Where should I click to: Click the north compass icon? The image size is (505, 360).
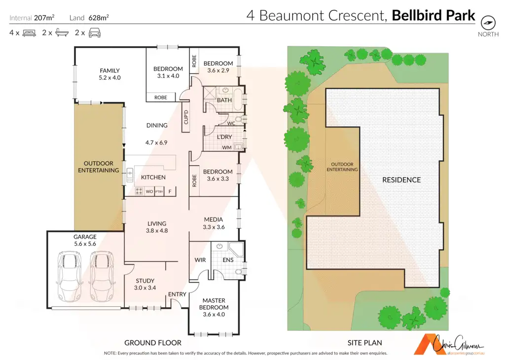(x=488, y=22)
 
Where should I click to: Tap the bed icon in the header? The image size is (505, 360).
(x=29, y=34)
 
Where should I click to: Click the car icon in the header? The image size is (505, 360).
(x=95, y=34)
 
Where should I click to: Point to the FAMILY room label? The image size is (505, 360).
(x=109, y=71)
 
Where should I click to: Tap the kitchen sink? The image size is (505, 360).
(x=130, y=174)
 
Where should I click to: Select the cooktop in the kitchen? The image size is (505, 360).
(x=139, y=191)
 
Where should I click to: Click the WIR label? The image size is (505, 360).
(x=200, y=259)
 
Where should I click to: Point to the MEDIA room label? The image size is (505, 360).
(x=214, y=219)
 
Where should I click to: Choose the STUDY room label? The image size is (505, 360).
(x=145, y=281)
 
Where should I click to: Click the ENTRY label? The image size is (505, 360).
(x=178, y=294)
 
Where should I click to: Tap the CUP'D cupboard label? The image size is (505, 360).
(x=186, y=117)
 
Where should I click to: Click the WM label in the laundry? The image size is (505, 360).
(x=226, y=147)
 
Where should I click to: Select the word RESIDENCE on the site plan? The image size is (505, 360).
(x=401, y=180)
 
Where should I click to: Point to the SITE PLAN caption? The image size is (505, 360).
(x=365, y=343)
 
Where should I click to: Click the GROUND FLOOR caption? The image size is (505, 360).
(x=153, y=343)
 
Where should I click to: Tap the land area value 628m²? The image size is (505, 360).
(x=99, y=18)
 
